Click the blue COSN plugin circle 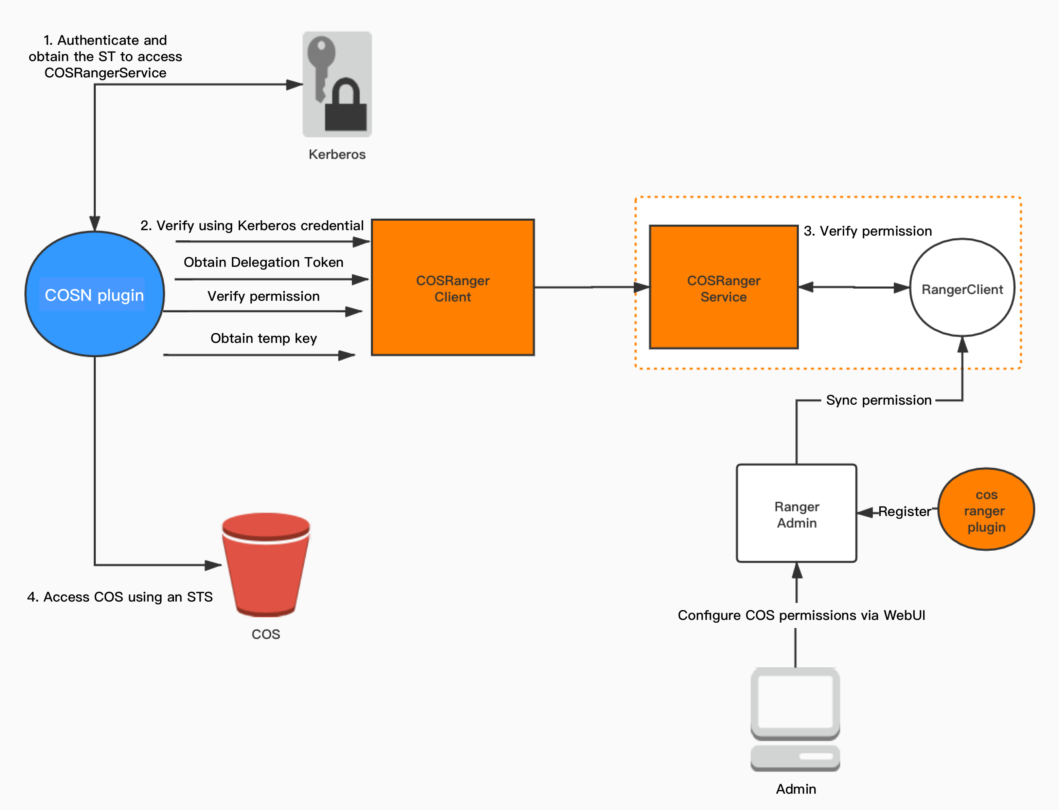point(94,294)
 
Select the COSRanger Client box point(453,288)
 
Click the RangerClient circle point(962,288)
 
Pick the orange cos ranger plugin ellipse point(986,510)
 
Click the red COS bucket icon point(266,564)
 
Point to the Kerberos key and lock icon point(337,85)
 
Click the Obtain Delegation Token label point(263,262)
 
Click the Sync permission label point(879,400)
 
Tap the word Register point(904,512)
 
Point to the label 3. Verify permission point(867,231)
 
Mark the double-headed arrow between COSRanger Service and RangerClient point(854,287)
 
